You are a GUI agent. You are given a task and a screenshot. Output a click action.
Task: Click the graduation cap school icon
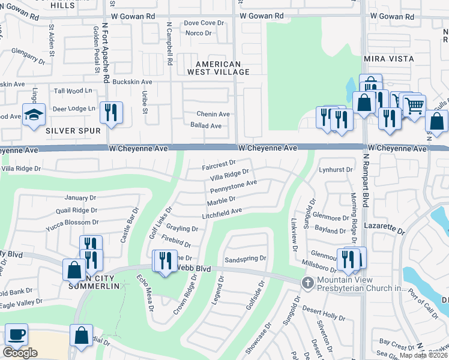coord(34,114)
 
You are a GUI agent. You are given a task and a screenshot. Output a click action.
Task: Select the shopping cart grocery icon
coord(414,106)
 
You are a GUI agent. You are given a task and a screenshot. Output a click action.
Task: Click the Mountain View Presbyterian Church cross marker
coord(308,282)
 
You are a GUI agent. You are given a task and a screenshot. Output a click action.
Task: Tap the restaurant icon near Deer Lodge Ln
coord(110,112)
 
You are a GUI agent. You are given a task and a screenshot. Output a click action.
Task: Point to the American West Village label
coord(218,68)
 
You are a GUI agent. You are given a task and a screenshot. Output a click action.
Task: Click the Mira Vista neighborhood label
coord(388,59)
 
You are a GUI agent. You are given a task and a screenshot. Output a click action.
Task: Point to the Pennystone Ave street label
coord(234,186)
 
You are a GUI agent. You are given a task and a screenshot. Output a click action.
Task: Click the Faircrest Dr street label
coord(219,163)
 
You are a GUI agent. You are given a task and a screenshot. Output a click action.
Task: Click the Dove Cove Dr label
coord(203,23)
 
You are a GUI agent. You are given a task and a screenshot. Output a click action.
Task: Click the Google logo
coord(20,353)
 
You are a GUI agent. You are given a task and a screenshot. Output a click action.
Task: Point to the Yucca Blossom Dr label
coord(67,222)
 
